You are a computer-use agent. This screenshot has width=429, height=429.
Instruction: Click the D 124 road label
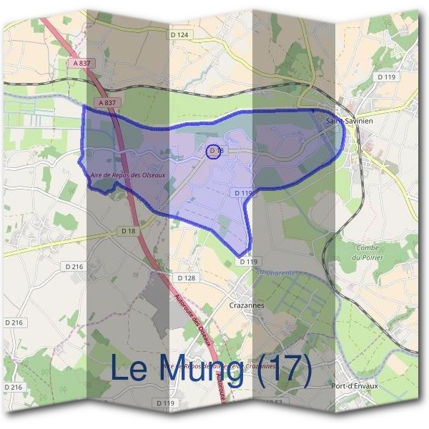click(x=179, y=35)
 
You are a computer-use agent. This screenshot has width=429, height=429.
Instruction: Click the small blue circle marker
click(x=212, y=151)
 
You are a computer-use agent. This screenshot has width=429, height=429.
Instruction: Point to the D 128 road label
click(x=185, y=277)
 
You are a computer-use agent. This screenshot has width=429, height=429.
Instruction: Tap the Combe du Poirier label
click(x=370, y=252)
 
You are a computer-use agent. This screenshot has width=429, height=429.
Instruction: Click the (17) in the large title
click(x=284, y=368)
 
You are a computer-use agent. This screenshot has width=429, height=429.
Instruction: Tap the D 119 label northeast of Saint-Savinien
click(x=387, y=77)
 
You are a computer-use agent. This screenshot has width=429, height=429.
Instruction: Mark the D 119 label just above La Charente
click(x=248, y=262)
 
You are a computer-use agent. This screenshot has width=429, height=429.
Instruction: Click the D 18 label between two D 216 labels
click(x=129, y=231)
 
